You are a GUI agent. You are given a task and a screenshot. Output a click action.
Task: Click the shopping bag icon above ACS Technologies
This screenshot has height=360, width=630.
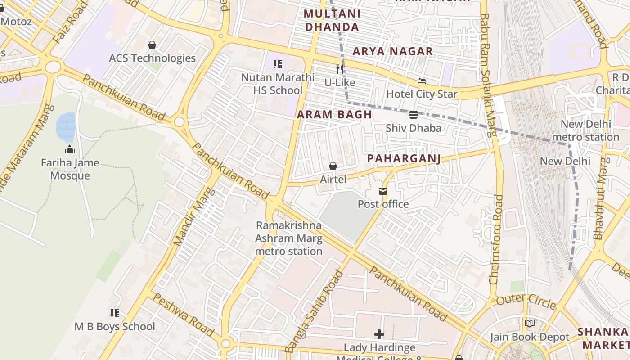(152, 45)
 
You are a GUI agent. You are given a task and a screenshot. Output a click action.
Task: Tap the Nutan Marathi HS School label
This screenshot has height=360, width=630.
(278, 84)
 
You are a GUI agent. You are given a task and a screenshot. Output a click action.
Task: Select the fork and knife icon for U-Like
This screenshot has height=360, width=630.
(340, 69)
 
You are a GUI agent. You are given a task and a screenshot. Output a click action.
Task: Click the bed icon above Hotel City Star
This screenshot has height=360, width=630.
(422, 81)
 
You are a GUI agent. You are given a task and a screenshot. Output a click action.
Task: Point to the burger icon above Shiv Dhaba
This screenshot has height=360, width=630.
(414, 115)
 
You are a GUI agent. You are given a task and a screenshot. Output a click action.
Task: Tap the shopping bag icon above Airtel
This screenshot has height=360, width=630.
(333, 166)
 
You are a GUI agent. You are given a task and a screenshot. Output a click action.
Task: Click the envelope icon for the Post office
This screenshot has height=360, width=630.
(383, 191)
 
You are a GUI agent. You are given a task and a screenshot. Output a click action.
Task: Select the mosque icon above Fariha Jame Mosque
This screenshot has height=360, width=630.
(70, 149)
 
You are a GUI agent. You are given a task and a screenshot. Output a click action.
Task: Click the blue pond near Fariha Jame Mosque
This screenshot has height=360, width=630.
(65, 127)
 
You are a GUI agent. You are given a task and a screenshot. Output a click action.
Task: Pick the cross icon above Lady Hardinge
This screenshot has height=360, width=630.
(379, 334)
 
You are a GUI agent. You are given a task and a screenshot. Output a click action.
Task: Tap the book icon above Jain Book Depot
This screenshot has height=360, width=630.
(530, 324)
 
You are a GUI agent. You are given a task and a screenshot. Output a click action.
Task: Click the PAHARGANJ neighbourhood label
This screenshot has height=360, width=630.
(404, 158)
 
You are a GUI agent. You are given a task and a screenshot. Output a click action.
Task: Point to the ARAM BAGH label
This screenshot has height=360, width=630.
(334, 114)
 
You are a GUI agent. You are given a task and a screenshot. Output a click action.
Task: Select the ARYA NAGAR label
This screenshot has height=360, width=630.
(392, 51)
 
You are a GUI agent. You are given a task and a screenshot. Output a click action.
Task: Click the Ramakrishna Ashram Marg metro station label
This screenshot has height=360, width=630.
(288, 238)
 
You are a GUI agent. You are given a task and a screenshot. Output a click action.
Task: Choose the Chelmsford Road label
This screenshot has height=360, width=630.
(496, 239)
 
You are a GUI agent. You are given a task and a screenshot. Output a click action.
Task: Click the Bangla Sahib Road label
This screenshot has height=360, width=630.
(314, 311)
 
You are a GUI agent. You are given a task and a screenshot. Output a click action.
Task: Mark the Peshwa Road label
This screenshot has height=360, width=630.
(183, 315)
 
